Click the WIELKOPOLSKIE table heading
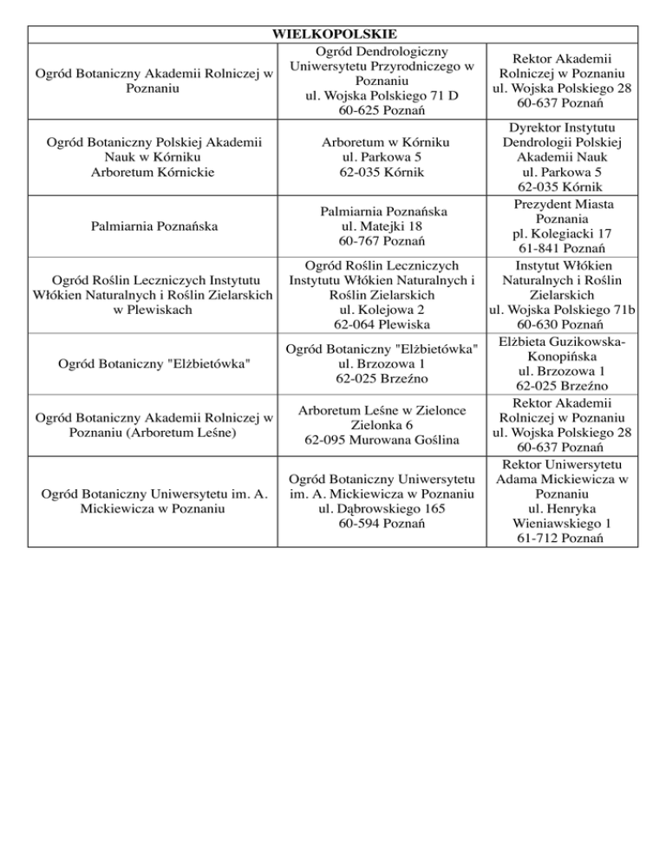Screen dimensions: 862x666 pyautogui.click(x=335, y=35)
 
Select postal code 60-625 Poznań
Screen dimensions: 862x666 pyautogui.click(x=382, y=110)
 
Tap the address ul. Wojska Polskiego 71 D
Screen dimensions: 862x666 pyautogui.click(x=382, y=95)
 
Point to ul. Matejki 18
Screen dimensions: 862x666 pyautogui.click(x=382, y=226)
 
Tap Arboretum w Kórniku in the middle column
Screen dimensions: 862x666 pyautogui.click(x=382, y=140)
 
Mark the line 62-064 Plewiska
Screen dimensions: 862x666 pyautogui.click(x=382, y=324)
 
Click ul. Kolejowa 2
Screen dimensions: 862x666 pyautogui.click(x=382, y=309)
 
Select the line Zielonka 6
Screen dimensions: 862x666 pyautogui.click(x=382, y=425)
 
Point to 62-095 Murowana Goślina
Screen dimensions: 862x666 pyautogui.click(x=382, y=441)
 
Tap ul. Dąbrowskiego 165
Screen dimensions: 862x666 pyautogui.click(x=382, y=509)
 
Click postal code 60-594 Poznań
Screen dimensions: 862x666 pyautogui.click(x=382, y=525)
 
